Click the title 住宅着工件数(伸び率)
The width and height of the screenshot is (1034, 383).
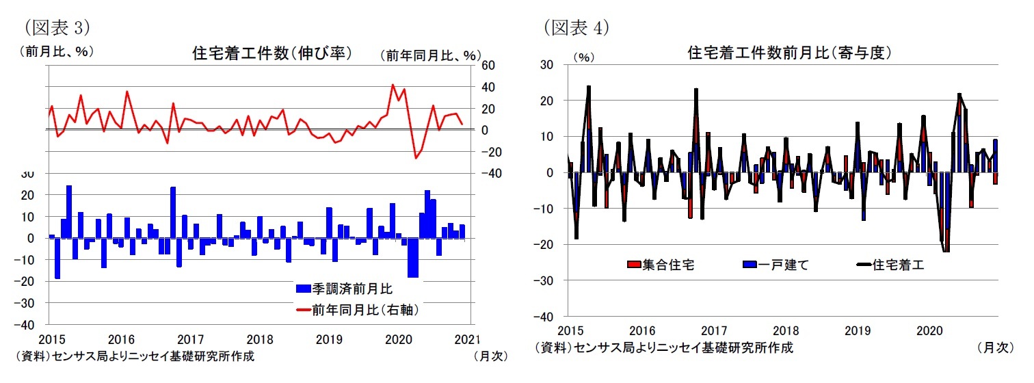272,53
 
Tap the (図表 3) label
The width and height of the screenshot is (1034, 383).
57,28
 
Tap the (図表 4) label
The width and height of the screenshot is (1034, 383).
576,28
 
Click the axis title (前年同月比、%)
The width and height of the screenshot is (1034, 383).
430,55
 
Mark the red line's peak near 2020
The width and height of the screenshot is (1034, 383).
393,85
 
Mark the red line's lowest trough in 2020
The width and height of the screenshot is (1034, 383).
415,158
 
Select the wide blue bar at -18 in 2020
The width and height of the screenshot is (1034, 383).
412,258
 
